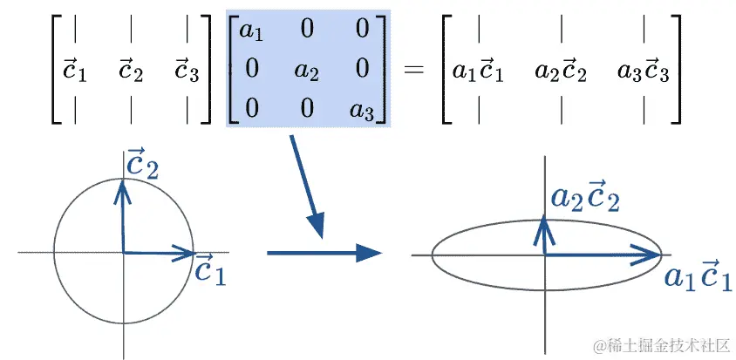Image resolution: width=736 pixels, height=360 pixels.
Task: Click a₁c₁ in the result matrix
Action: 478,71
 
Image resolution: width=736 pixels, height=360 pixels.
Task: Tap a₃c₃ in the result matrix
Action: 643,71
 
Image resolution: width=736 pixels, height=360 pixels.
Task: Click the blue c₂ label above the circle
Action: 142,163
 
